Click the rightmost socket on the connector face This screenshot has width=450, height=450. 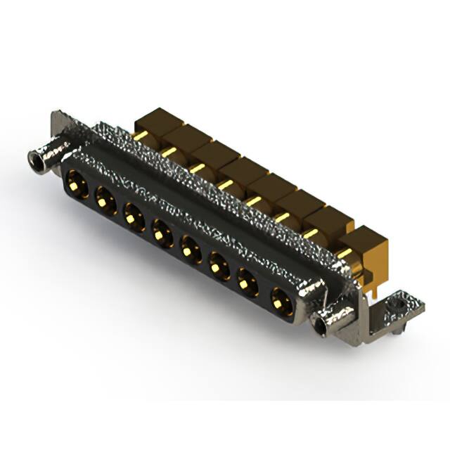coord(279,299)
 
